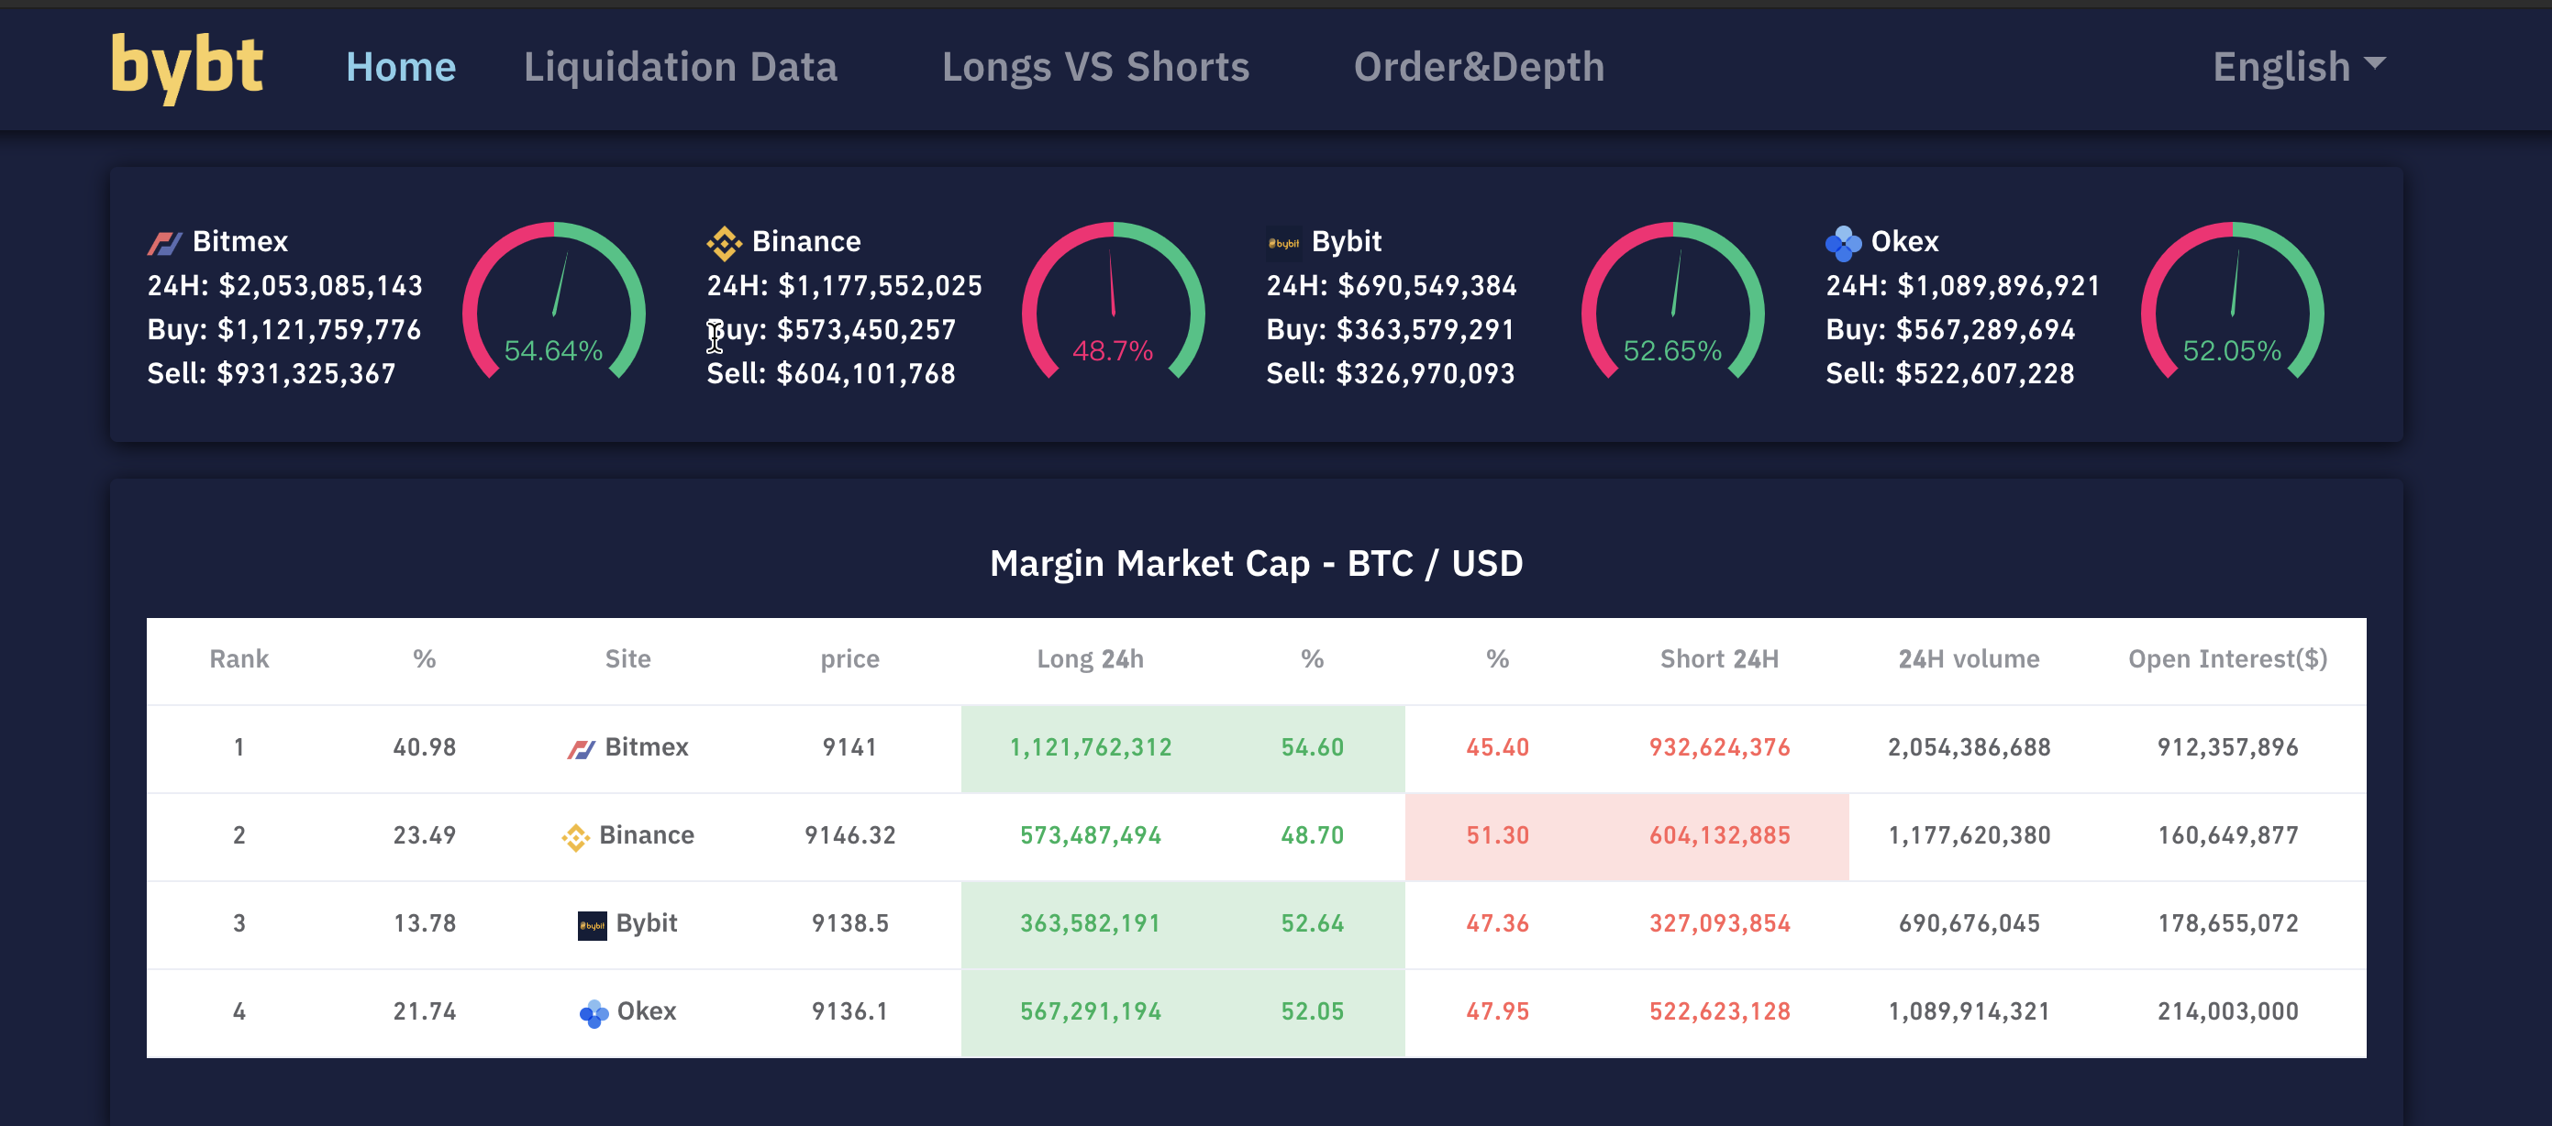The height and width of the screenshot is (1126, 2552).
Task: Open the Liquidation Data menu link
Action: tap(680, 67)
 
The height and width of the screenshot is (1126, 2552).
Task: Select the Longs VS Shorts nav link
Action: tap(1094, 67)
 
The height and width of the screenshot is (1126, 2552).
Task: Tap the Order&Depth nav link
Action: tap(1478, 67)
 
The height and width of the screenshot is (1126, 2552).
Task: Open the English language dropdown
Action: tap(2297, 67)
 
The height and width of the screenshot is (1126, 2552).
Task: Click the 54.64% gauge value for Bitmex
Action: tap(553, 350)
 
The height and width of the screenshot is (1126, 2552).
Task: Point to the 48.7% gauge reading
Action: tap(1112, 350)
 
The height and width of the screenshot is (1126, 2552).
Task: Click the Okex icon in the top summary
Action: tap(1842, 242)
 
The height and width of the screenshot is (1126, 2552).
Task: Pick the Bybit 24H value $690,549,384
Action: tap(1426, 286)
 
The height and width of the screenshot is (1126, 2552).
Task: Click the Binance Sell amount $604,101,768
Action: tap(865, 374)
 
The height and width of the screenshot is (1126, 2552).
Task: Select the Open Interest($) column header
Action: tap(2227, 659)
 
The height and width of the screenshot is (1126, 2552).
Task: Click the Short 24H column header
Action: tap(1719, 659)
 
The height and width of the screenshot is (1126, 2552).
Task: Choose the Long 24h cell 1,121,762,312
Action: tap(1090, 747)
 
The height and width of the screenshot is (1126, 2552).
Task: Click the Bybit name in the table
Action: tap(645, 924)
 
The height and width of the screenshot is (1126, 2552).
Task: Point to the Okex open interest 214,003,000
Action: tap(2227, 1012)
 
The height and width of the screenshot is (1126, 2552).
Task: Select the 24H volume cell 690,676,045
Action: tap(1969, 924)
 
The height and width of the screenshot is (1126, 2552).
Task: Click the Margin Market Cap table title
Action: tap(1255, 564)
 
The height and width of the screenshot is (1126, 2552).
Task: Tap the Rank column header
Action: tap(239, 659)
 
